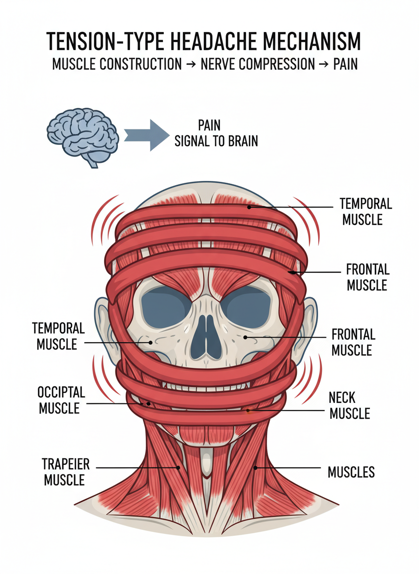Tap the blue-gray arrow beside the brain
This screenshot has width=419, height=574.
click(145, 134)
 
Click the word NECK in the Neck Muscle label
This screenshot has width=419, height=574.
click(341, 398)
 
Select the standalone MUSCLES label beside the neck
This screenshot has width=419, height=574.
click(351, 472)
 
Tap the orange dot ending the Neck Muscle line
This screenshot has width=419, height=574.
click(248, 410)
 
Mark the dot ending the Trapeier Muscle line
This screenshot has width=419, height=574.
click(178, 467)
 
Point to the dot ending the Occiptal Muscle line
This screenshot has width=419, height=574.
click(149, 403)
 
